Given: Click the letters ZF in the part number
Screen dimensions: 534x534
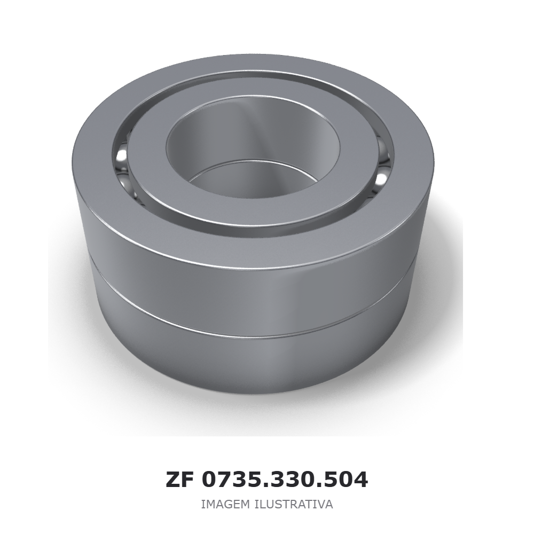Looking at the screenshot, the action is tap(179, 480).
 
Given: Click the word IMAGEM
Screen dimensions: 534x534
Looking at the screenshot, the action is tap(226, 504).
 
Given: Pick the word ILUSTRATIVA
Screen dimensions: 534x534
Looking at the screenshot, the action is tap(294, 504).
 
